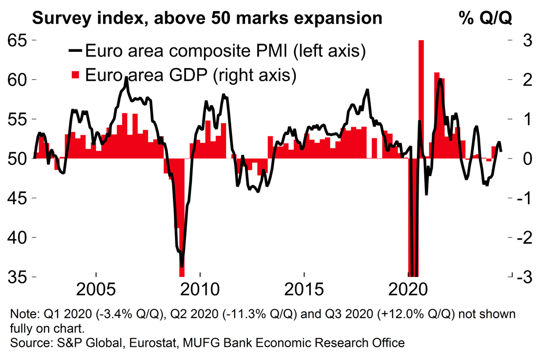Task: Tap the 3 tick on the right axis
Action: pos(510,40)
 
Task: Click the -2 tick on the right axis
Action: pos(510,237)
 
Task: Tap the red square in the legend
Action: pos(75,75)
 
